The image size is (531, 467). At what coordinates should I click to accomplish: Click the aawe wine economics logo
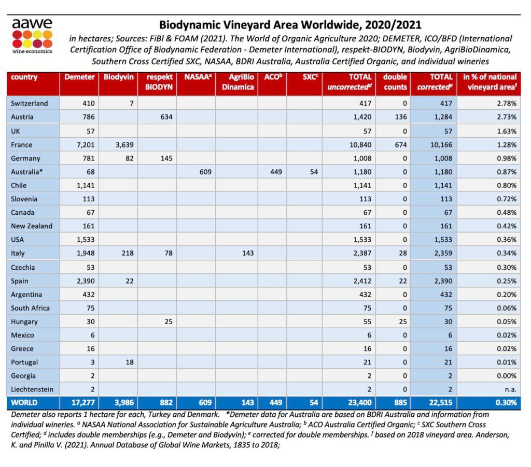point(32,37)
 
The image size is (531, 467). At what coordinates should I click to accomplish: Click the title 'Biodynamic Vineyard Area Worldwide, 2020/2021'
point(290,24)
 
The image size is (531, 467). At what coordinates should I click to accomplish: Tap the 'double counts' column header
point(395,82)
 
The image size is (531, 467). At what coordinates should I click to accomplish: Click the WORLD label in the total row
point(24,403)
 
